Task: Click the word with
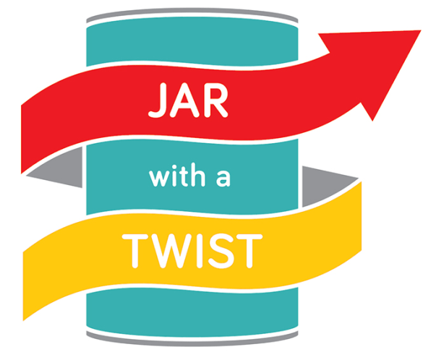click(177, 175)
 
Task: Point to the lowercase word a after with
click(223, 179)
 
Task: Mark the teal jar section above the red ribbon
click(192, 44)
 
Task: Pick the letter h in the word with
click(198, 175)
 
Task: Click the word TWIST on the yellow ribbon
click(192, 251)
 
